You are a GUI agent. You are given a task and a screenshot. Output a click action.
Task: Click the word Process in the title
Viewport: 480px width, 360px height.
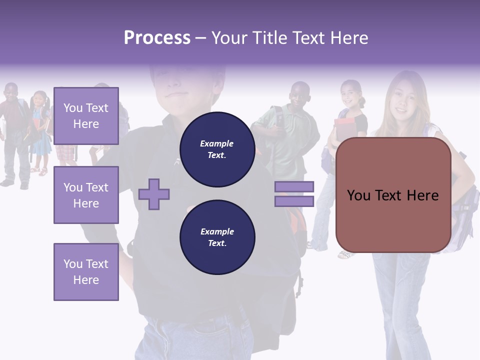coord(157,38)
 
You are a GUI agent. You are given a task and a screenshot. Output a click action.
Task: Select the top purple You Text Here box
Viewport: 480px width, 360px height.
coord(86,116)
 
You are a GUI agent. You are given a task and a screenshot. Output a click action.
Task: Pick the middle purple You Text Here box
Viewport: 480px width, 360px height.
coord(86,195)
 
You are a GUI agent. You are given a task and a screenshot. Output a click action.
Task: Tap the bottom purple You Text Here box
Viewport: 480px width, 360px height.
coord(86,271)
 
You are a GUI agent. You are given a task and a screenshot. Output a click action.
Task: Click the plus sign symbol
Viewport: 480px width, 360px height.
coord(154,194)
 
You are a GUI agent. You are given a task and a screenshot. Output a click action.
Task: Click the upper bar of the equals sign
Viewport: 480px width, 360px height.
coord(294,186)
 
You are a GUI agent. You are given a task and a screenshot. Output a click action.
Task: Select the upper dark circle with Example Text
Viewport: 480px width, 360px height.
coord(217,149)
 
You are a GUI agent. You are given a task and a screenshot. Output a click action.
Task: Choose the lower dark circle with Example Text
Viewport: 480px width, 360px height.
coord(217,237)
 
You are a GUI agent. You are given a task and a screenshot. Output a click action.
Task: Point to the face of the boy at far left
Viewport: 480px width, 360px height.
coord(11,94)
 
